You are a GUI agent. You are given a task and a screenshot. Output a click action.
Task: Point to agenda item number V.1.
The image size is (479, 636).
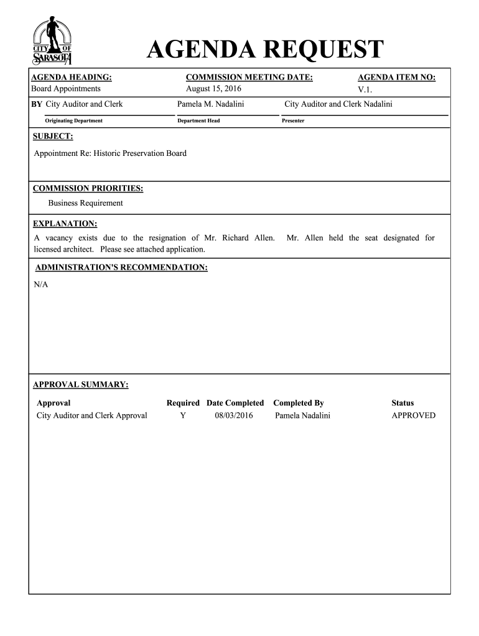[365, 89]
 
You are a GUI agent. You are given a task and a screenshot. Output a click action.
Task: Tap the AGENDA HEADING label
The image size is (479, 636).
[72, 77]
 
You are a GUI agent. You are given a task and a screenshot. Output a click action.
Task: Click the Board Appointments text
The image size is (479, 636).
[66, 89]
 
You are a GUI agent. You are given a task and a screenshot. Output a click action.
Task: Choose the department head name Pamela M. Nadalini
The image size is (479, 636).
[210, 104]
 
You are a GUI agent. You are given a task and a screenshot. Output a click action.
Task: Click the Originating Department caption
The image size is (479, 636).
[73, 120]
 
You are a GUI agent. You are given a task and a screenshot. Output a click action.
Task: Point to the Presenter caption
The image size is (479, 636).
[293, 120]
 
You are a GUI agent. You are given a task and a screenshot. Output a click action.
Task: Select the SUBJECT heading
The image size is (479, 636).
[53, 135]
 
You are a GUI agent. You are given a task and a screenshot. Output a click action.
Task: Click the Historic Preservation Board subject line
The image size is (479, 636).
[110, 153]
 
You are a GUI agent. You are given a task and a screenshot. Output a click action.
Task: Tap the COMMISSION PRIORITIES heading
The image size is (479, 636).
[88, 188]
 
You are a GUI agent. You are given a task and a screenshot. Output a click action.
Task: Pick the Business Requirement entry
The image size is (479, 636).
[86, 203]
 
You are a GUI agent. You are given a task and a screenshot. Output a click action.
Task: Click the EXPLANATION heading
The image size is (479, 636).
[65, 224]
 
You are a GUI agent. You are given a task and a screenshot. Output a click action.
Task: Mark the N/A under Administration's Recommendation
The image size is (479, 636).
[40, 284]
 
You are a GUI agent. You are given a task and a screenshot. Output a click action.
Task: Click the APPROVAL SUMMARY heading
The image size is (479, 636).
[80, 384]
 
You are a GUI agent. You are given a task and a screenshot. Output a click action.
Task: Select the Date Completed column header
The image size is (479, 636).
[235, 403]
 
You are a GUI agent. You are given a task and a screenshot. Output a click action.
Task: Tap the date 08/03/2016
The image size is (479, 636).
[234, 416]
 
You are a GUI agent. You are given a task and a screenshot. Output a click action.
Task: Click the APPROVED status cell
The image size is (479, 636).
[413, 416]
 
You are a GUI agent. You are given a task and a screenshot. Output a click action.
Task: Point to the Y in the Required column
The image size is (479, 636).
[182, 416]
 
